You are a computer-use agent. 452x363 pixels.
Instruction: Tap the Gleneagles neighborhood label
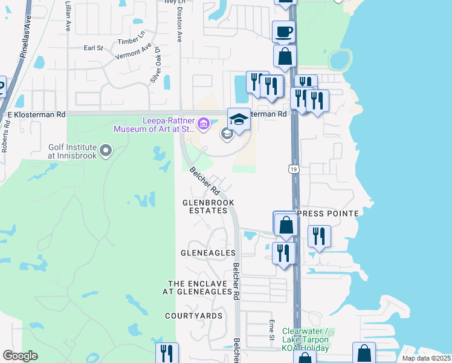(x=207, y=252)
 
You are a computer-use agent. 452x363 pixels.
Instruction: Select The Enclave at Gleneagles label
(x=199, y=287)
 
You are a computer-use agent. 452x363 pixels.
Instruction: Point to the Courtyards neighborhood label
(x=195, y=316)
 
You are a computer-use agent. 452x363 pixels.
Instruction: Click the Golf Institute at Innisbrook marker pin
(x=106, y=149)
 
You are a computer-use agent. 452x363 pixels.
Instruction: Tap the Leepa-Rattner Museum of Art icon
(x=204, y=125)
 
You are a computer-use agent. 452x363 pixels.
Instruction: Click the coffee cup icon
(x=283, y=31)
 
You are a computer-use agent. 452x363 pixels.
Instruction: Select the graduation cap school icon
(x=239, y=119)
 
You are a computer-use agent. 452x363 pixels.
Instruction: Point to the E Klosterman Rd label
(x=36, y=114)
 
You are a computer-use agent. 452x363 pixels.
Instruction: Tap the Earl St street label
(x=94, y=48)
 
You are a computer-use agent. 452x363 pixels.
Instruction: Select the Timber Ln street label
(x=132, y=41)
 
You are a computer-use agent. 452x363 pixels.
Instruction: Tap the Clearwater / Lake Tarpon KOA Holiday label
(x=305, y=339)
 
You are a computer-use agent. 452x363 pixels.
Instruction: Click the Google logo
(x=20, y=356)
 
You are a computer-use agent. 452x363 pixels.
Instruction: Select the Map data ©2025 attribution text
(x=425, y=358)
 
